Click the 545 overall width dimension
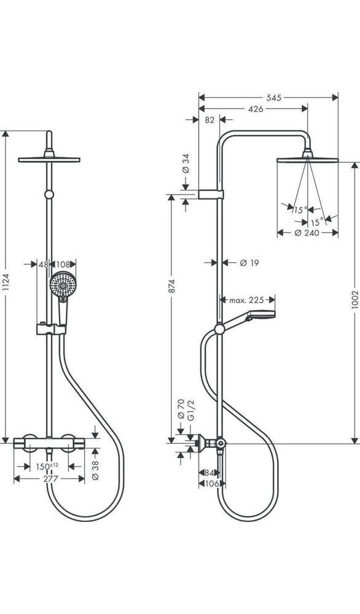(x=274, y=98)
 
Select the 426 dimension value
(x=256, y=109)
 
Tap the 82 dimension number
(x=210, y=120)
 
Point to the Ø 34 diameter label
(x=186, y=164)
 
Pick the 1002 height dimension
(x=355, y=300)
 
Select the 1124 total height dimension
(x=5, y=282)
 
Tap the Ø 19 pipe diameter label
(x=249, y=263)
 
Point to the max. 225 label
(x=246, y=300)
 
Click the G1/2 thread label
(x=191, y=411)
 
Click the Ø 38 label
(x=95, y=471)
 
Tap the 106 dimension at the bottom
(x=212, y=484)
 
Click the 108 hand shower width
(x=63, y=265)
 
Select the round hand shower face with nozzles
(x=63, y=285)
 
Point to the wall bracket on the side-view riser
(x=211, y=195)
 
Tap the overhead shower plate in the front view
(x=49, y=160)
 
